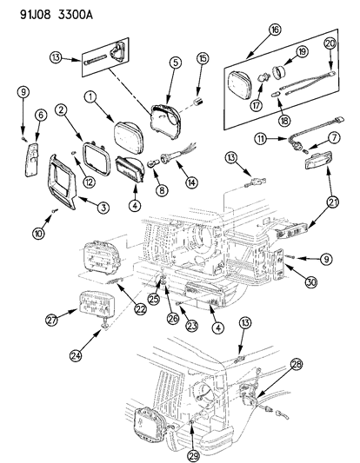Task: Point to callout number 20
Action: click(330, 44)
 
